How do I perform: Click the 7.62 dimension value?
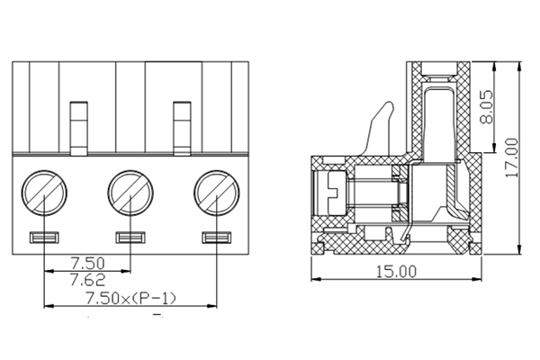87,279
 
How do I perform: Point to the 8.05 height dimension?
487,106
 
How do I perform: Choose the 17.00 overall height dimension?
512,159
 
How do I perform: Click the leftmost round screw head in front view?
44,192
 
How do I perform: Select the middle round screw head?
130,192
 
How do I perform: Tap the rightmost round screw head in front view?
216,192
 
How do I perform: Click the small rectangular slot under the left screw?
44,238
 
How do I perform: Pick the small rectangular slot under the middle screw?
130,238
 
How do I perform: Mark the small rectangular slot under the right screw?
216,238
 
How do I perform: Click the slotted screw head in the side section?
328,193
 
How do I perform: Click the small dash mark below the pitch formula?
157,316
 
